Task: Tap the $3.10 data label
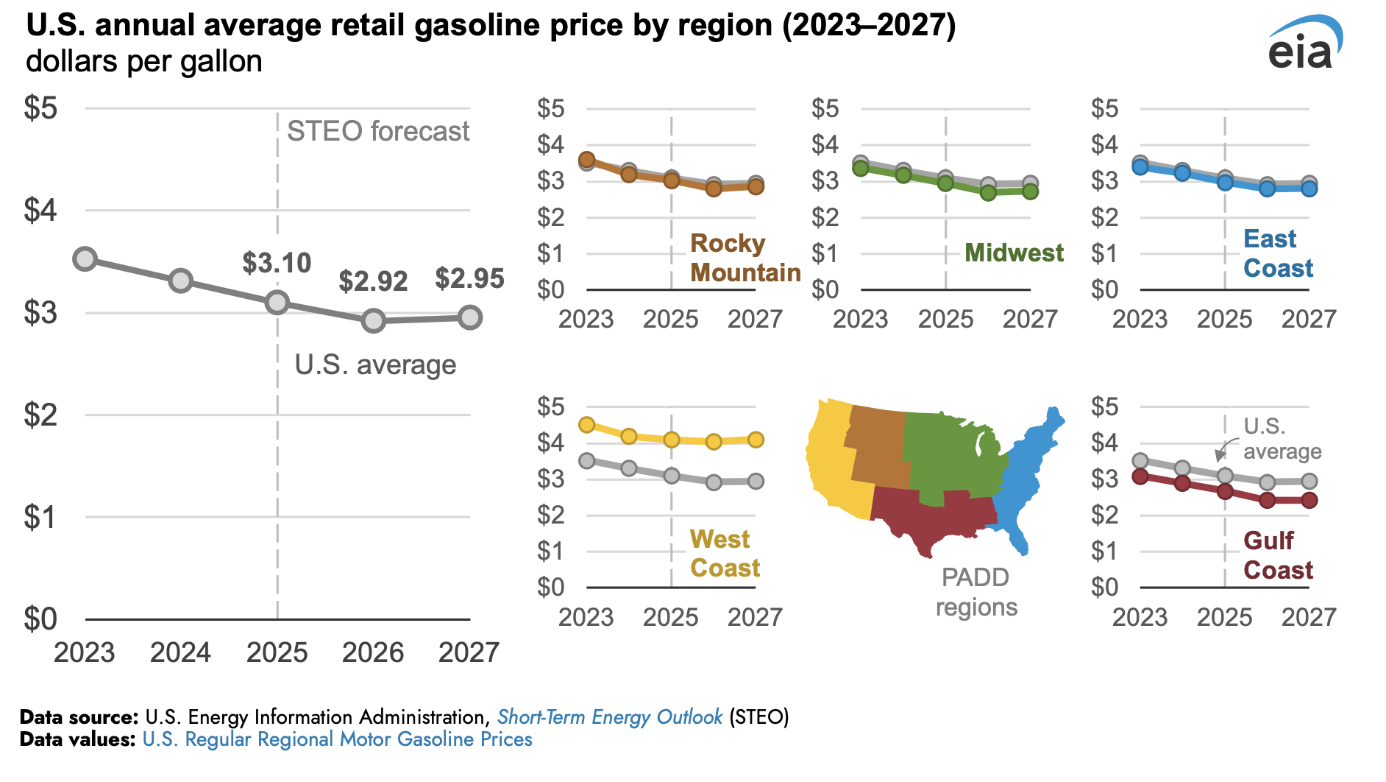277,263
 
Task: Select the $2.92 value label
373,281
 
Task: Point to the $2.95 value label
469,278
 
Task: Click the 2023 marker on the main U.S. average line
85,259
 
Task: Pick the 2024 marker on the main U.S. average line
181,281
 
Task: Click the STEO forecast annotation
377,131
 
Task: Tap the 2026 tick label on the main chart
373,652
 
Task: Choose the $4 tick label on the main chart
40,211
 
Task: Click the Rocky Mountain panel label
744,258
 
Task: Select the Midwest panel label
1013,253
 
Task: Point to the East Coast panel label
1277,253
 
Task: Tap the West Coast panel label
724,554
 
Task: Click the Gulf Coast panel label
1277,555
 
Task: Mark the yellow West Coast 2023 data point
586,425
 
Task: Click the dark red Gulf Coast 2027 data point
1309,500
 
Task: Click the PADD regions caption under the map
975,592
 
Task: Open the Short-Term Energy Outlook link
610,717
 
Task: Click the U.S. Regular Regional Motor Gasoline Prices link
337,739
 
